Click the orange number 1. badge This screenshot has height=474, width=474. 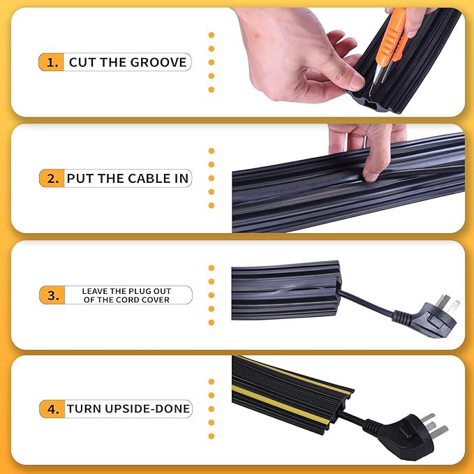point(52,62)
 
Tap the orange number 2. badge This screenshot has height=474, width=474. point(52,178)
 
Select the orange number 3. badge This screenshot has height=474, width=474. point(52,295)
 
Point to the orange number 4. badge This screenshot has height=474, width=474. point(52,409)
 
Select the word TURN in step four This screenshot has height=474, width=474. point(83,409)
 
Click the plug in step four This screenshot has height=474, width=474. point(419,429)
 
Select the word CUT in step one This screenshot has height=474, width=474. point(82,62)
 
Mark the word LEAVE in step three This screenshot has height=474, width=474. point(96,291)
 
